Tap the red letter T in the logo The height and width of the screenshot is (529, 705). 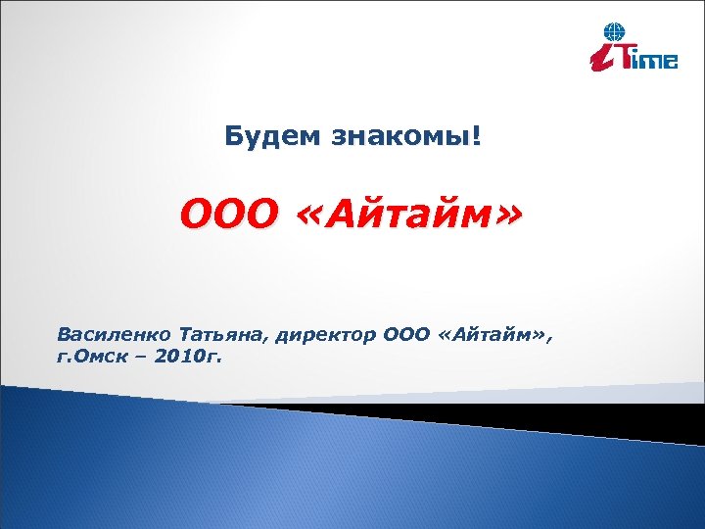(x=628, y=56)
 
